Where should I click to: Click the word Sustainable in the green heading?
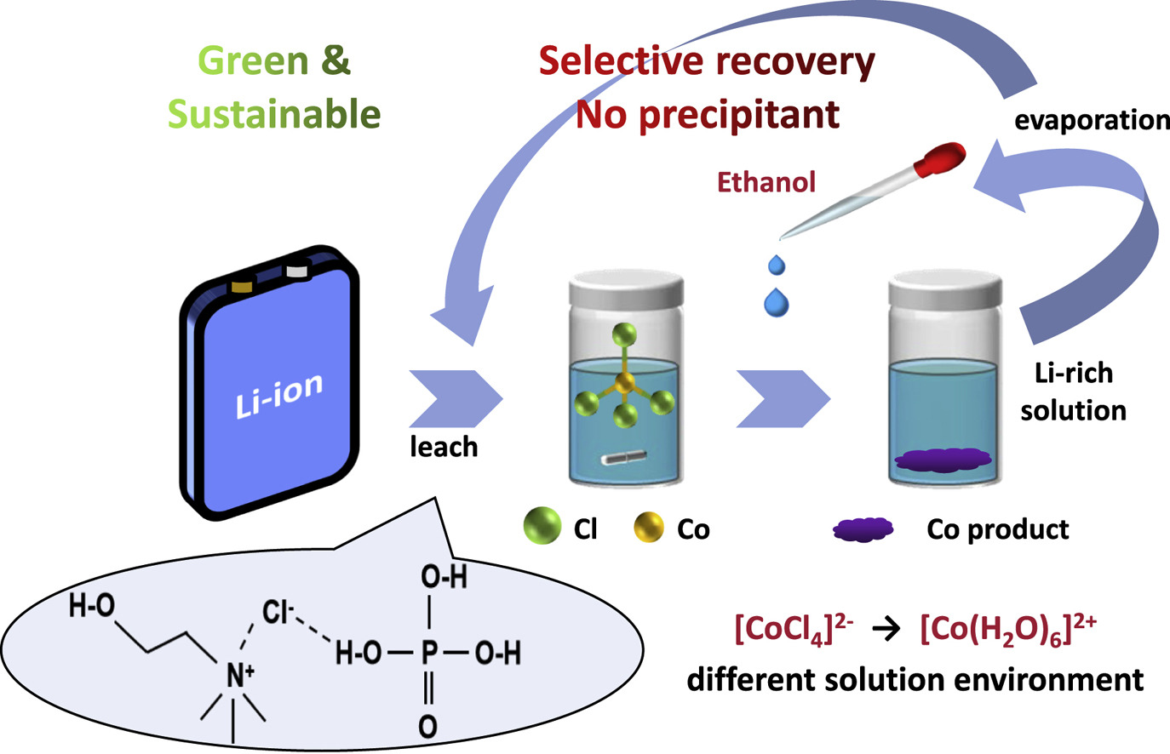pyautogui.click(x=274, y=113)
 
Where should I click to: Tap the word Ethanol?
pyautogui.click(x=766, y=181)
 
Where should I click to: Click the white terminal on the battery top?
pyautogui.click(x=297, y=272)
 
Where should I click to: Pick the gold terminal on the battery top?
pyautogui.click(x=242, y=284)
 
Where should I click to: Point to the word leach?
pyautogui.click(x=444, y=447)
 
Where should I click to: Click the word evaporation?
pyautogui.click(x=1092, y=120)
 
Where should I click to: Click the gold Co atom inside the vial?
pyautogui.click(x=625, y=385)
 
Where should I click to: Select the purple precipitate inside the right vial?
pyautogui.click(x=943, y=460)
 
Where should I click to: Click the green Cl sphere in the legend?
pyautogui.click(x=542, y=526)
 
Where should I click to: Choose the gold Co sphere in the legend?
pyautogui.click(x=649, y=528)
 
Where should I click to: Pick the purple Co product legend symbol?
pyautogui.click(x=863, y=528)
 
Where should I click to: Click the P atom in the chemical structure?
pyautogui.click(x=429, y=654)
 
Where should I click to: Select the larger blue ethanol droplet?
pyautogui.click(x=777, y=303)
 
